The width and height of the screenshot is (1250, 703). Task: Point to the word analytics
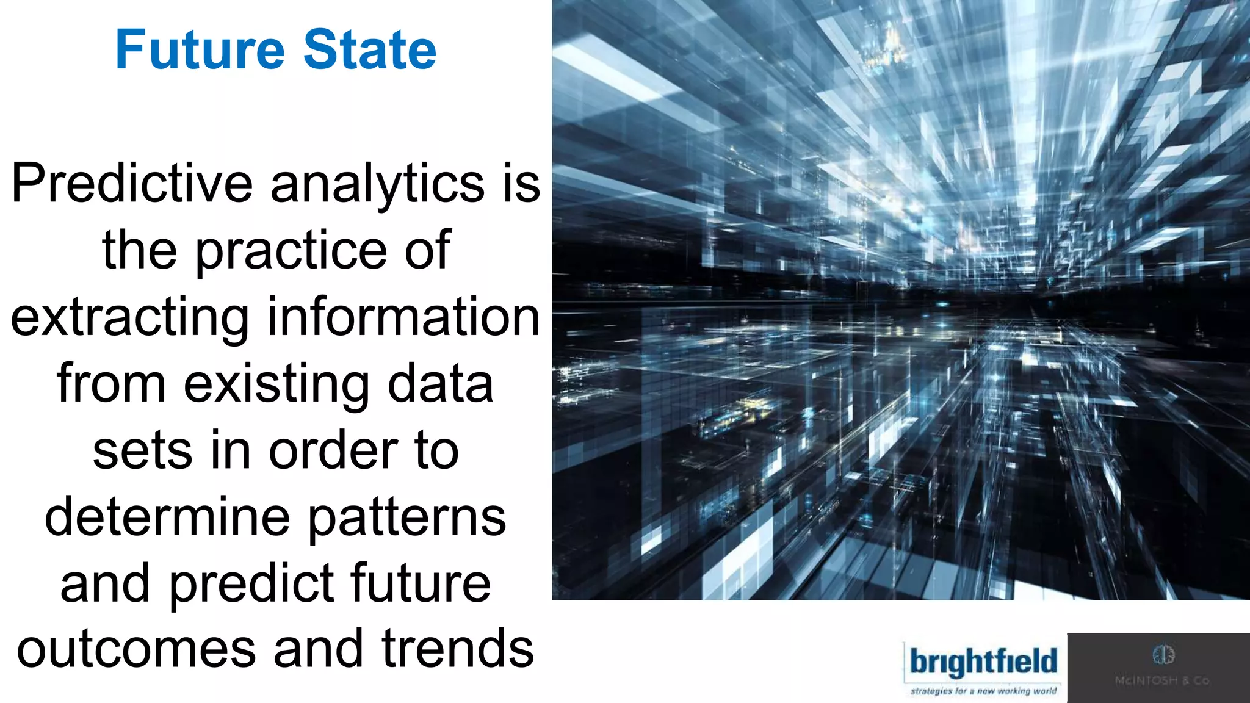(377, 184)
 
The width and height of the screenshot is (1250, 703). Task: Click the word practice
(291, 250)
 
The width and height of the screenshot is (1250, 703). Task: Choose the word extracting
(130, 317)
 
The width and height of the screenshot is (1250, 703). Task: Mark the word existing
(276, 384)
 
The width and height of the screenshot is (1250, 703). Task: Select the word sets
(142, 451)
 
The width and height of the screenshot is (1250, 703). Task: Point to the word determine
(167, 517)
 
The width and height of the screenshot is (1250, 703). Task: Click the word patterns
(407, 518)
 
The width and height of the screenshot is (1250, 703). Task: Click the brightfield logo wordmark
(983, 663)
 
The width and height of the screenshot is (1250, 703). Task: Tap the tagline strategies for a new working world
(983, 691)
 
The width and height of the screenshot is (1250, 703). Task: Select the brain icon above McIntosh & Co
(1163, 655)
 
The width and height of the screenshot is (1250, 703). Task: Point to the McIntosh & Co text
(1162, 680)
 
